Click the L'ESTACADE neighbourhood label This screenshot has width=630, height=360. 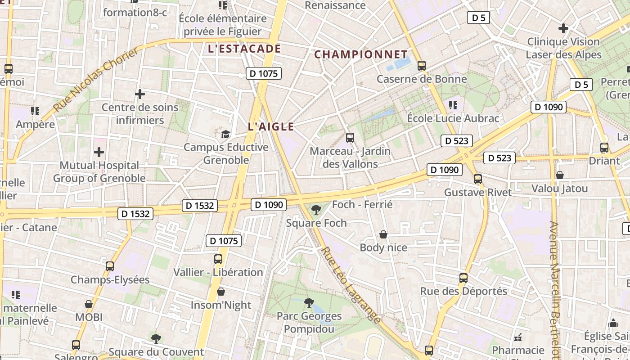pos(244,49)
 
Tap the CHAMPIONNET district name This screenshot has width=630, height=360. pos(360,54)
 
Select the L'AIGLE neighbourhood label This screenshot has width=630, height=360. pos(271,127)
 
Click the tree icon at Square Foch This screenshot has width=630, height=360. pos(316,209)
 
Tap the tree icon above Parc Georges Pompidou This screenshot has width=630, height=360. pos(309,302)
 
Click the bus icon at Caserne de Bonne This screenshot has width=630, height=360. pos(422,66)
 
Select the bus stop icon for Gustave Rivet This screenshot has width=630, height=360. pos(478,179)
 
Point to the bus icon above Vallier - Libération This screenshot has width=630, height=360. pos(218,259)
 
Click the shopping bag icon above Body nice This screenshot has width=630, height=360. pos(383,234)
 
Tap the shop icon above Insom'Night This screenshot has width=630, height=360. pos(220,292)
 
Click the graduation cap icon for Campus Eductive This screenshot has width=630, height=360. pos(225,134)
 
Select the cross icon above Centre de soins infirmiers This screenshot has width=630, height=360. pos(140,94)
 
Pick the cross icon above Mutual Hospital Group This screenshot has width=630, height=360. pos(99,152)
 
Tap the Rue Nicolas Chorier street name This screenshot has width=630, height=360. pos(97,80)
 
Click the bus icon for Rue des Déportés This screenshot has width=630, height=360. pos(463,278)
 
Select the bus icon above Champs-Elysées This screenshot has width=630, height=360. pos(110,266)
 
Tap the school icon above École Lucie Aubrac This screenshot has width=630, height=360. pos(453,105)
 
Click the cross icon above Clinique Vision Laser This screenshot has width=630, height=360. pos(563,28)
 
